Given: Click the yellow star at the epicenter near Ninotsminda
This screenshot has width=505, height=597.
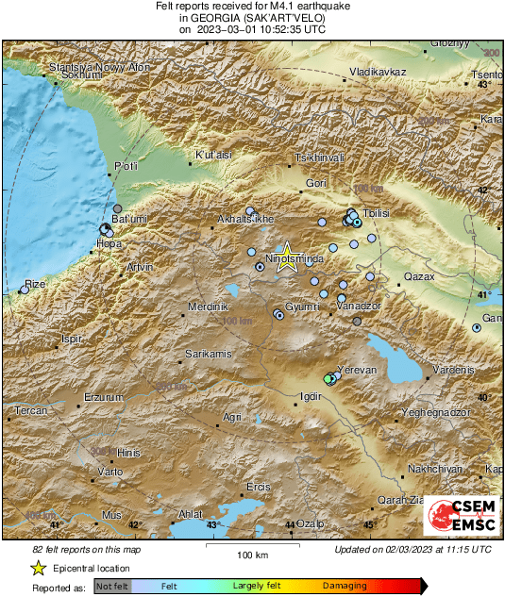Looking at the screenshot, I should tap(288, 261).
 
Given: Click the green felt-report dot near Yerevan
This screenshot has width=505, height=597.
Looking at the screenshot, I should tap(328, 378).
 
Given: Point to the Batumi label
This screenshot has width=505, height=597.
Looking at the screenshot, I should tap(126, 220).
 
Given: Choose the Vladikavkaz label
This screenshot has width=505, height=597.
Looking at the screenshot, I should tap(377, 72).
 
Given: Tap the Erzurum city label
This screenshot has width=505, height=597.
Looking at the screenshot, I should tap(103, 398).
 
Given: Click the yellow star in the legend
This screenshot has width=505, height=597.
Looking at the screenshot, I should tap(38, 568).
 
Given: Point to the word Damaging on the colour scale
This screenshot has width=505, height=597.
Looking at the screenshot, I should tap(345, 586).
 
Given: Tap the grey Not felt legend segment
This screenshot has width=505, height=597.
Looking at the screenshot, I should tap(113, 586).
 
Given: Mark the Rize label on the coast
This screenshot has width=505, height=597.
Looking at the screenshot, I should tap(35, 283).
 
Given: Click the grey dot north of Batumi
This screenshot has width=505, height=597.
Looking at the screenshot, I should tap(118, 208).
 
